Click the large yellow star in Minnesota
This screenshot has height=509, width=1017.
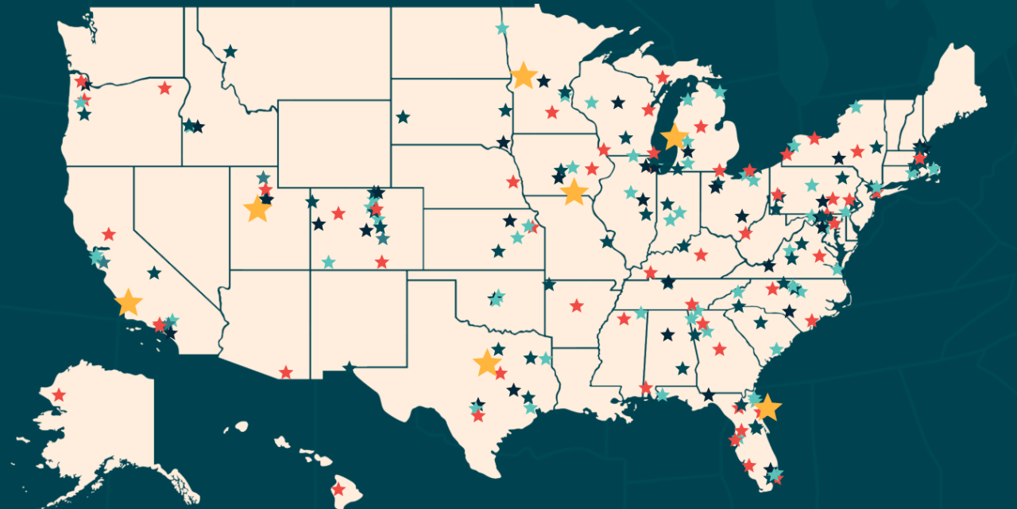point(524,76)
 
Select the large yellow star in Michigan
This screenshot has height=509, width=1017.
point(675,136)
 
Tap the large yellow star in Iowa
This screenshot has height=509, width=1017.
point(573,192)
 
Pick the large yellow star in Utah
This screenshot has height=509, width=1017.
point(257,209)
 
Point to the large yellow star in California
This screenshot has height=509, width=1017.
point(128,303)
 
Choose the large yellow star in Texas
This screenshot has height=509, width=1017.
point(487,363)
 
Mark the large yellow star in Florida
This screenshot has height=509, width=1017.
point(768,407)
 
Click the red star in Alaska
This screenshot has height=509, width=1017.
point(59,394)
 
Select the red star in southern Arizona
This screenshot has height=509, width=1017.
point(285,372)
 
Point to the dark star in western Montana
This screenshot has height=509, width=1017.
point(230,52)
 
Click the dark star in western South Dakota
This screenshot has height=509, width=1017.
point(403,117)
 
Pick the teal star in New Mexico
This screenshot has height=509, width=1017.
point(328,262)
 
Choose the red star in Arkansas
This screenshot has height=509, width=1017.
point(576,305)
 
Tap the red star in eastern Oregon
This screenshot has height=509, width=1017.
point(164,87)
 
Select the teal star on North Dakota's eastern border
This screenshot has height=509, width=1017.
point(502,29)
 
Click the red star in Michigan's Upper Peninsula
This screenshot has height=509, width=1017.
point(662,77)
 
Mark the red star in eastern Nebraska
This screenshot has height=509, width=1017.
point(513,181)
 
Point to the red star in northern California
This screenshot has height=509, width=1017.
point(109,234)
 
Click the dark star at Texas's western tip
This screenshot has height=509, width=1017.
point(349,367)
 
